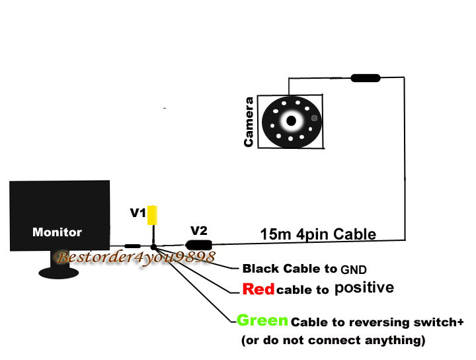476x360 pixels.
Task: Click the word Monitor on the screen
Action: click(x=57, y=232)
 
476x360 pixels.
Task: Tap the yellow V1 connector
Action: click(x=153, y=216)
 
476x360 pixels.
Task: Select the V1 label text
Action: click(x=138, y=213)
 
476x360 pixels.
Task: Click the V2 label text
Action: click(x=199, y=230)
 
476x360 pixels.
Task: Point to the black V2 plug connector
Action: click(x=198, y=244)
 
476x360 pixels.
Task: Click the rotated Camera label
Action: click(x=249, y=122)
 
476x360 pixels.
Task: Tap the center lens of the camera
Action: click(x=291, y=120)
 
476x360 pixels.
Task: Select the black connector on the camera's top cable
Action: click(x=366, y=78)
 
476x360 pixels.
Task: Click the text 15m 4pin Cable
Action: click(x=318, y=234)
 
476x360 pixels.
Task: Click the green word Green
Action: click(x=262, y=321)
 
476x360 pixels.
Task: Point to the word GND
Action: click(x=354, y=269)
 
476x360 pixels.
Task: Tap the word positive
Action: click(x=364, y=288)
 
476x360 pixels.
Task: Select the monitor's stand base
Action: click(x=63, y=272)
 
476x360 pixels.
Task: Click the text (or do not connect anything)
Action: click(x=332, y=341)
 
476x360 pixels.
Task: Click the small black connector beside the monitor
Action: click(x=133, y=246)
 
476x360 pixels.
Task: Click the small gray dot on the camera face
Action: click(x=315, y=119)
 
